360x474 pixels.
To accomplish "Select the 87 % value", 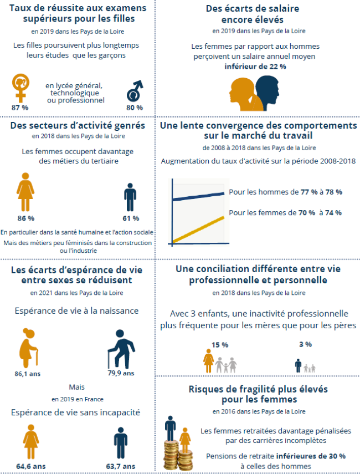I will click(20, 107).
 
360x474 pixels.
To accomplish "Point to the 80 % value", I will click(135, 107).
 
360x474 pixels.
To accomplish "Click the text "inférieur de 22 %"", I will click(255, 66).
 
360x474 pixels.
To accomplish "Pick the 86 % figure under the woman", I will click(25, 218).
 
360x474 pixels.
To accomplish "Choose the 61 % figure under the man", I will click(130, 218).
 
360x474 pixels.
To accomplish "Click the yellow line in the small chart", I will click(199, 229).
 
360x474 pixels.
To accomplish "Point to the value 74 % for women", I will click(333, 212).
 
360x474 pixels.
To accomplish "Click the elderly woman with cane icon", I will click(27, 346).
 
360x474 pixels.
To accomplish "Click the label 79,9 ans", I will click(121, 373).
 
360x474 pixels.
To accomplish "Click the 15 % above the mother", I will click(220, 344).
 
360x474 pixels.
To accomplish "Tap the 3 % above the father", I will click(305, 344).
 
